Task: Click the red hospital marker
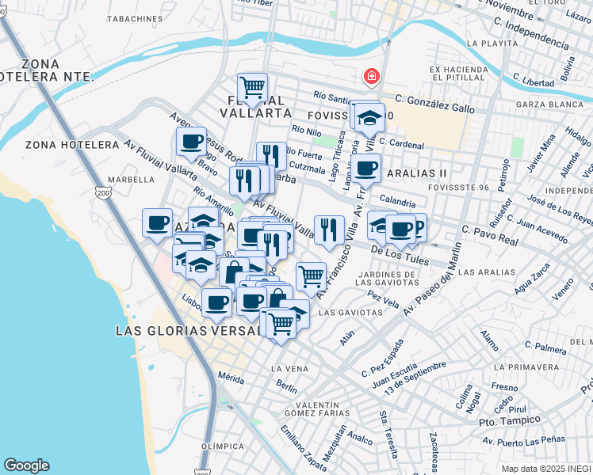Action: pos(370,78)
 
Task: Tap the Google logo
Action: pos(26,465)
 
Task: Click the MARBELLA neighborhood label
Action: pos(132,179)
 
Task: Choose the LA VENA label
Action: pos(289,369)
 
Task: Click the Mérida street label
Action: pos(231,378)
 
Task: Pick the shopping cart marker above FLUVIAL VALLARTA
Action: pos(253,87)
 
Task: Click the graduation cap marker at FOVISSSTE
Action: pos(369,118)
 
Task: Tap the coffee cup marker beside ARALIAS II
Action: pos(366,168)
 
